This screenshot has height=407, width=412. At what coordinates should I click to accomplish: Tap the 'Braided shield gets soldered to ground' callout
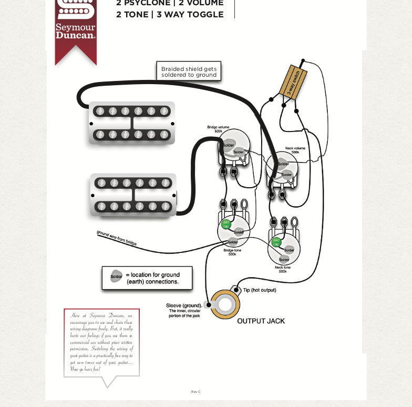pos(189,72)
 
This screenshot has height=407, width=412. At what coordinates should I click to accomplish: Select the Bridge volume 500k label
pos(218,129)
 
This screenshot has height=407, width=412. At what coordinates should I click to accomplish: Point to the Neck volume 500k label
pos(295,150)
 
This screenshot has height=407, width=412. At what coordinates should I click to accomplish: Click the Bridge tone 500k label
pos(232,252)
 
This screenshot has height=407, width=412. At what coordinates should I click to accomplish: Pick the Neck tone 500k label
pos(282,269)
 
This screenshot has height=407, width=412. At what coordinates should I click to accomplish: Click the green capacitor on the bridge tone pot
pos(226,225)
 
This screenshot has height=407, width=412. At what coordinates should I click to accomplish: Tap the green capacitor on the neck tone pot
pos(276,242)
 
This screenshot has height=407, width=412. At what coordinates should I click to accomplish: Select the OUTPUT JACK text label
pos(261,321)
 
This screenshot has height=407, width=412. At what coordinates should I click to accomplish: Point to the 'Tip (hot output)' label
pos(259,290)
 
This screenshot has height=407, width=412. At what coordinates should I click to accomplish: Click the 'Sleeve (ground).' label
pos(184,306)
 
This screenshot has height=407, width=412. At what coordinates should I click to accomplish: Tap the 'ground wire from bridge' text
pos(116,238)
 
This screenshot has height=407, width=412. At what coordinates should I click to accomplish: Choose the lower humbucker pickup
pos(133,195)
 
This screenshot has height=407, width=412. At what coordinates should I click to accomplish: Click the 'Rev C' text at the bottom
pos(195,392)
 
